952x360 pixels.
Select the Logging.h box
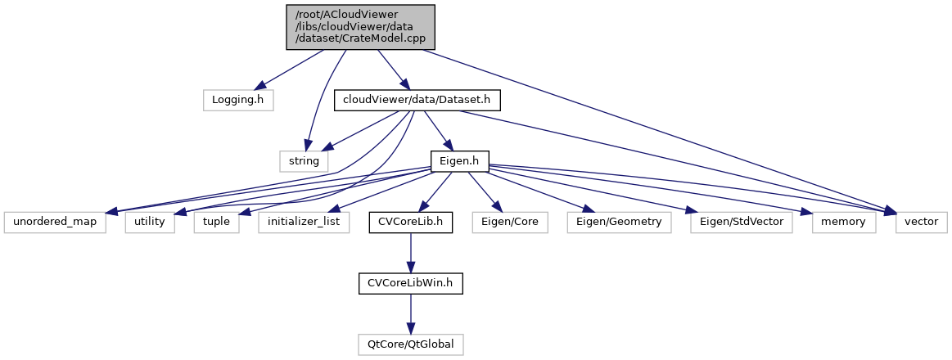(x=237, y=100)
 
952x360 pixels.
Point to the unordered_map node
(x=56, y=222)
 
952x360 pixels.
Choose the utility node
(x=151, y=222)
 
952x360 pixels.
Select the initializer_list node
(x=305, y=222)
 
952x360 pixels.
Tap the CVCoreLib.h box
(x=410, y=222)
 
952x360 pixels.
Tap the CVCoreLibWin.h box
(x=410, y=283)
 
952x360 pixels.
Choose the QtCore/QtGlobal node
(x=410, y=344)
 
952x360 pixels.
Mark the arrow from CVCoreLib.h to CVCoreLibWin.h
(x=410, y=252)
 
